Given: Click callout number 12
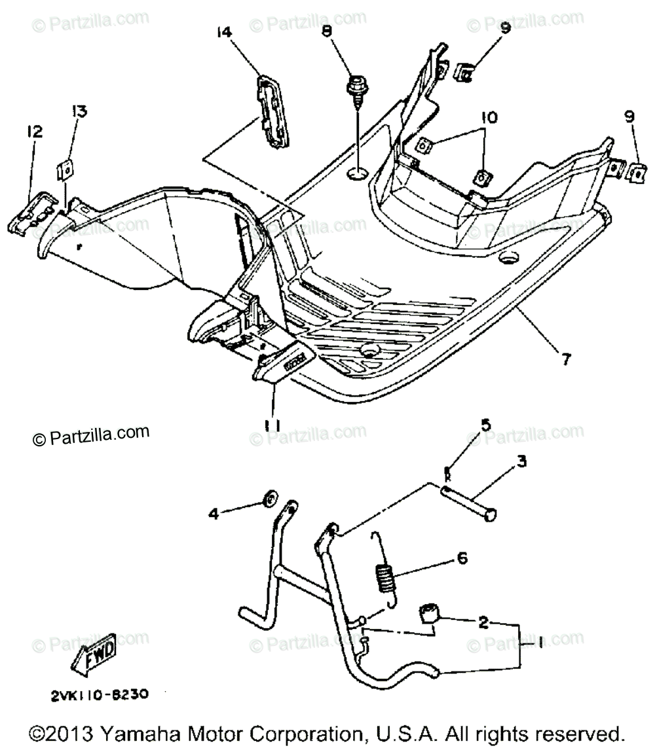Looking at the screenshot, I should pyautogui.click(x=33, y=132).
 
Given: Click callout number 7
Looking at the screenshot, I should pyautogui.click(x=565, y=359).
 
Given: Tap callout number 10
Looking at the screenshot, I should pyautogui.click(x=489, y=118).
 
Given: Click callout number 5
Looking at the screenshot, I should pyautogui.click(x=485, y=425).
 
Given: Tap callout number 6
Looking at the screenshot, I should pyautogui.click(x=462, y=558).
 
